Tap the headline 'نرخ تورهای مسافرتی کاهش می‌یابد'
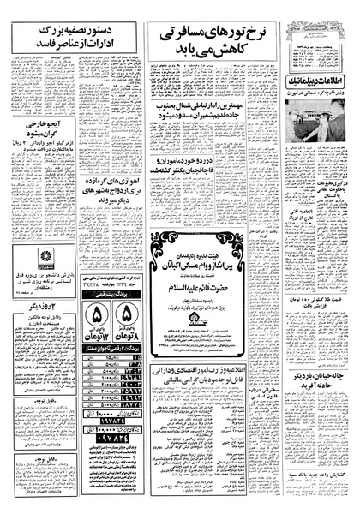(209, 38)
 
